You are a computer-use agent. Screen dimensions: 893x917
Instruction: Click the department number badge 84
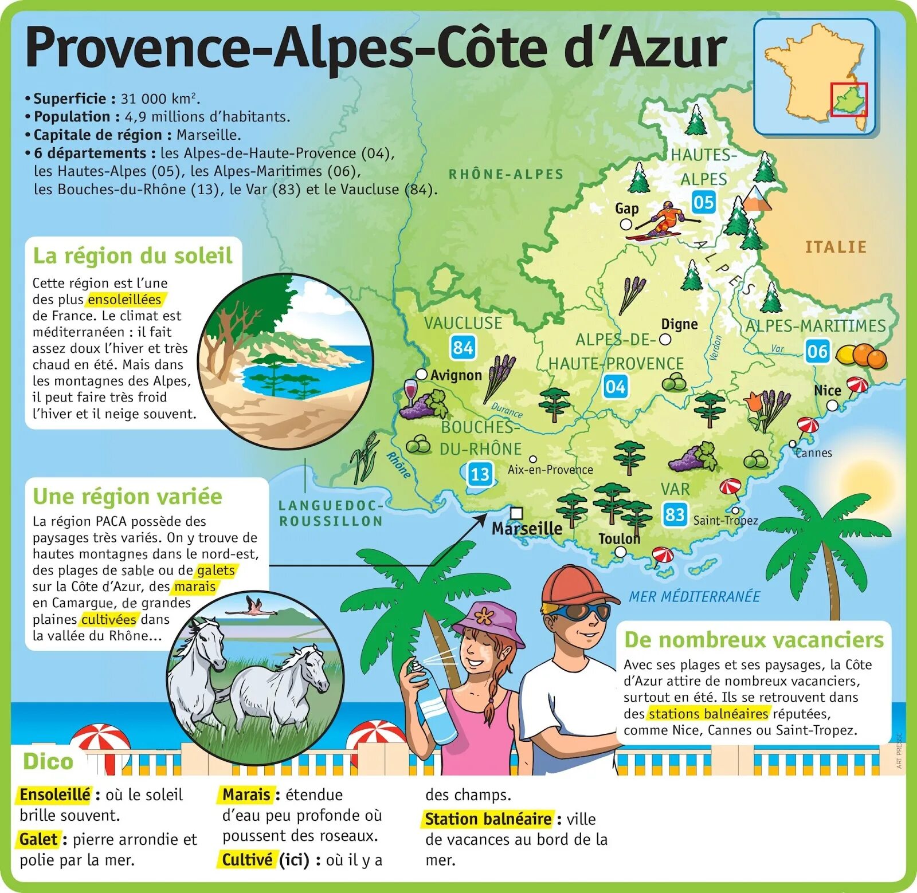463,347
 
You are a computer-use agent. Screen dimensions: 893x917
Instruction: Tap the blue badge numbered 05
703,202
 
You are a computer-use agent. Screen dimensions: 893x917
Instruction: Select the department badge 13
480,474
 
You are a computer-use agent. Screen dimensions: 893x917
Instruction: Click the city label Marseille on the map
527,528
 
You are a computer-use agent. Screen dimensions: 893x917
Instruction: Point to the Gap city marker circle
626,224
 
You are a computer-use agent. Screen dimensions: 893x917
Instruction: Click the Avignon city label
456,375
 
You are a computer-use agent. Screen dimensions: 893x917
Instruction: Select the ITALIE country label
836,247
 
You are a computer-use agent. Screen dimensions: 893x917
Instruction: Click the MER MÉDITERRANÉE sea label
694,596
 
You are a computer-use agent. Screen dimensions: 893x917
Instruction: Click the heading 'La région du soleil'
132,255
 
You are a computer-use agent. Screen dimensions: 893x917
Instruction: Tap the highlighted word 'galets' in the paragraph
215,571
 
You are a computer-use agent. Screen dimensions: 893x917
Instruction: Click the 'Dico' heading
48,761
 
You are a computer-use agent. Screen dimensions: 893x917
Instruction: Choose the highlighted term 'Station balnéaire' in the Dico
488,819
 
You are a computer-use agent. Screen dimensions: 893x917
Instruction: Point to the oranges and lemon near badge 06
861,355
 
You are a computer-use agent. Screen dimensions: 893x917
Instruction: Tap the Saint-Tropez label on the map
725,520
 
